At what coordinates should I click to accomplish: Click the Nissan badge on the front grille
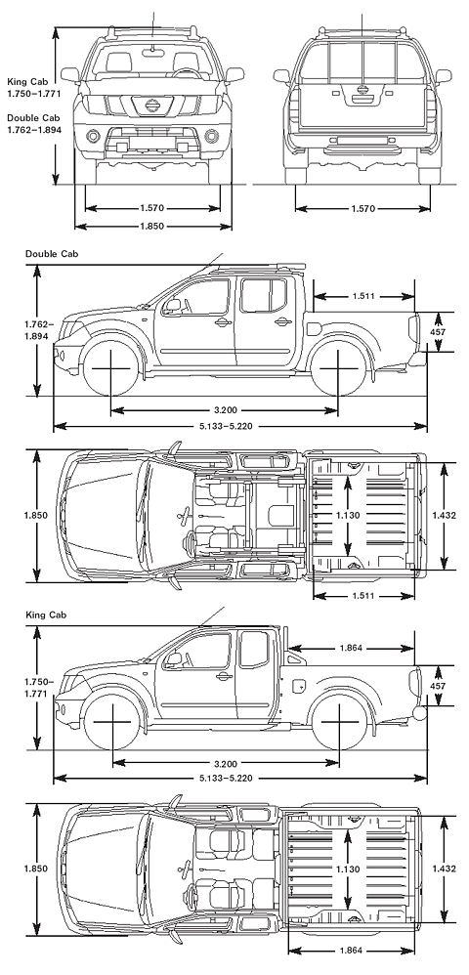click(x=151, y=106)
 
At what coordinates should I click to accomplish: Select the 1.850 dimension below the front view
click(x=151, y=227)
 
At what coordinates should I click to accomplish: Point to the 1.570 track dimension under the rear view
click(x=362, y=209)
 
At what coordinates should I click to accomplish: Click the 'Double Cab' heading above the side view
click(x=52, y=254)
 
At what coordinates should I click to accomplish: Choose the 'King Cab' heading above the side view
click(x=46, y=615)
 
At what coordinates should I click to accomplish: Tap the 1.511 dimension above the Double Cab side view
click(x=363, y=296)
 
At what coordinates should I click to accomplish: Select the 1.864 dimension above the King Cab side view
click(x=352, y=648)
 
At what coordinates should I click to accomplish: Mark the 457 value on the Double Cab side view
click(x=439, y=333)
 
